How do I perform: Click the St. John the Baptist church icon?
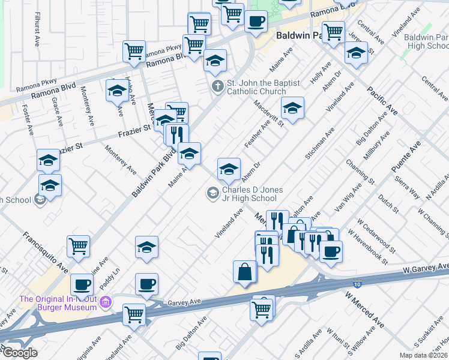[217, 86]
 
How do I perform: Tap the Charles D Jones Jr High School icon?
[212, 193]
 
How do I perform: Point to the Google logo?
[19, 353]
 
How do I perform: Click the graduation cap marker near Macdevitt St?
[292, 109]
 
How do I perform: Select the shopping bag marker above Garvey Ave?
[245, 272]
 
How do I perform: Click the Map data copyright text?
[423, 355]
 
